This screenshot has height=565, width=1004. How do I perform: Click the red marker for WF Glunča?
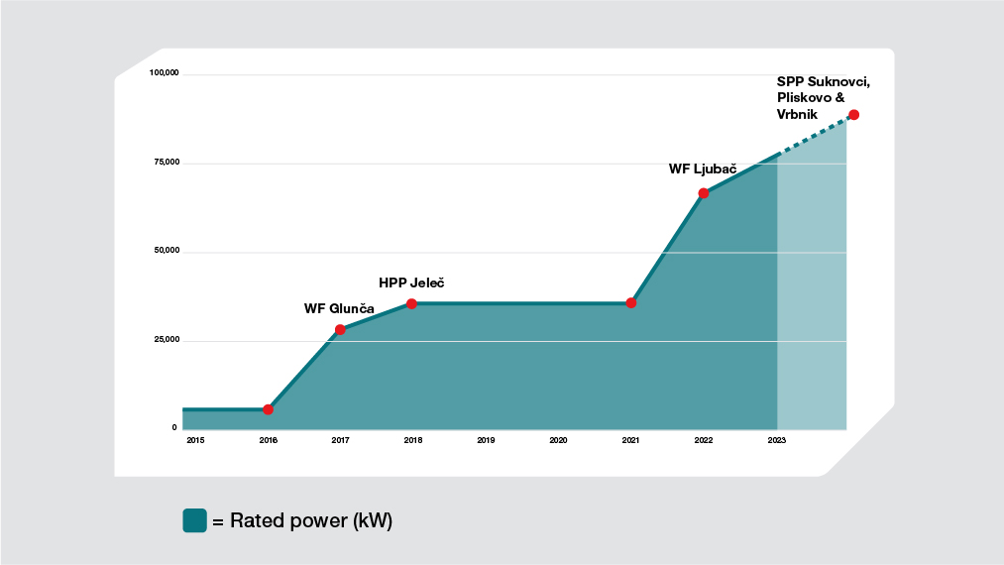[340, 329]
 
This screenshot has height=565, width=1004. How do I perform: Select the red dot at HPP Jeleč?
[412, 303]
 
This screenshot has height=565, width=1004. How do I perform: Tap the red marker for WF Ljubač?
[704, 193]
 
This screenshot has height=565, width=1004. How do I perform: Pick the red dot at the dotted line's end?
[853, 115]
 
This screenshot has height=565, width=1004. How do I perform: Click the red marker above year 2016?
[268, 409]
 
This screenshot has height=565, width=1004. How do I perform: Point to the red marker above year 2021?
[631, 302]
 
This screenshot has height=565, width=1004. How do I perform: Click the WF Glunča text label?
[339, 308]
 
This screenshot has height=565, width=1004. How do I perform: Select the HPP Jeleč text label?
[411, 282]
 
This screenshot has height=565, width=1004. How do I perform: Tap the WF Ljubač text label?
[703, 169]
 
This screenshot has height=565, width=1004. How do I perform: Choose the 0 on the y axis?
[174, 428]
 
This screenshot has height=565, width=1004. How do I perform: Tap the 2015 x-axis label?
[194, 440]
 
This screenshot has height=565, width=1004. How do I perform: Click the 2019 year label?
[486, 440]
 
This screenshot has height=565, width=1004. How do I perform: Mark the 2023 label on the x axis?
[777, 440]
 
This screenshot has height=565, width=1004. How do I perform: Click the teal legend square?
[194, 520]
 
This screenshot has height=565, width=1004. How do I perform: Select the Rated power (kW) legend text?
[311, 520]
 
